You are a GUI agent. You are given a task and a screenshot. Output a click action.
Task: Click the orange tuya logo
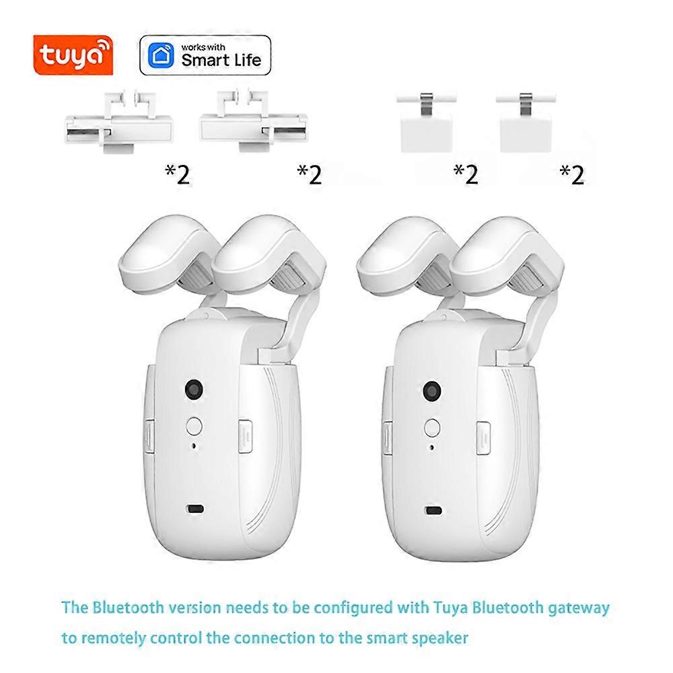pos(73,55)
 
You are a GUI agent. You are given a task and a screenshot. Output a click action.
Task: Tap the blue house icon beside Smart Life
pos(161,55)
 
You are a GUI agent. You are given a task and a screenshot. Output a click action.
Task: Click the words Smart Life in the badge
pos(221,60)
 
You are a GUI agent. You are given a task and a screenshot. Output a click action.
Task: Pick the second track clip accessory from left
pos(253,120)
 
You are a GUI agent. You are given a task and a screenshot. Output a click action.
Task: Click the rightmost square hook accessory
pos(526,122)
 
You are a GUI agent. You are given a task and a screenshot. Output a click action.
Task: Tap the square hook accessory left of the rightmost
pos(426,122)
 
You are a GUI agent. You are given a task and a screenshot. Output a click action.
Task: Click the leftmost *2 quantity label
pos(177,175)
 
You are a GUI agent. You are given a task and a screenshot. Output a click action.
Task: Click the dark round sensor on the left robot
pos(194,389)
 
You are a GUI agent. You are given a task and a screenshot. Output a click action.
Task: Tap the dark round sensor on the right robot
pos(432,390)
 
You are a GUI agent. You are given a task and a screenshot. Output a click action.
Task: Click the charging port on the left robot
pos(195,509)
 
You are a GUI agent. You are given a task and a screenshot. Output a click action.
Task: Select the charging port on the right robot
pos(433,511)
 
